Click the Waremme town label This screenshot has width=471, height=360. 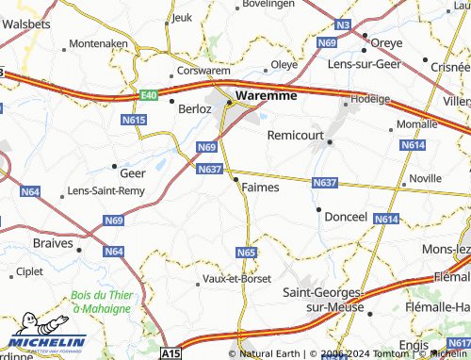(267, 95)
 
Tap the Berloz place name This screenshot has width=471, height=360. (195, 108)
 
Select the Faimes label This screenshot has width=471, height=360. (260, 187)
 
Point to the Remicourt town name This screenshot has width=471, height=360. (295, 136)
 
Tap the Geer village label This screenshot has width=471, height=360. (132, 172)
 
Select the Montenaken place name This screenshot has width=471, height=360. (98, 43)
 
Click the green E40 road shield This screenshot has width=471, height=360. (148, 96)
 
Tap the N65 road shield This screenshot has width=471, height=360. (246, 253)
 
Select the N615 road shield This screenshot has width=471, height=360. (134, 121)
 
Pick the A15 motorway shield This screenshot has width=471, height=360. (169, 353)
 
